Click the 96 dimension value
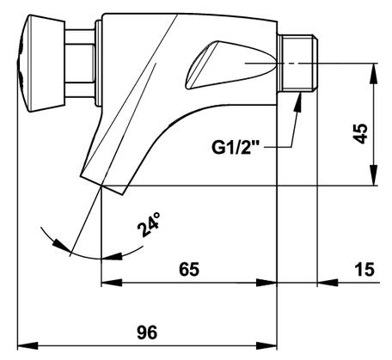point(147,333)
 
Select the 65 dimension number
point(189,269)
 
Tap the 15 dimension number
point(364,269)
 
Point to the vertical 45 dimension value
point(360,133)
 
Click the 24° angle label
point(149,224)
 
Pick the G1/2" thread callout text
point(236,148)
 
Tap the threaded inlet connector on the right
point(298,63)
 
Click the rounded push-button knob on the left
point(40,63)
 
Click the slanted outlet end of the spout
point(102,184)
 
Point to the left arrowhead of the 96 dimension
point(28,345)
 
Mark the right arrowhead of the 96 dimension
point(266,345)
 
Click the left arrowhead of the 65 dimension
point(112,283)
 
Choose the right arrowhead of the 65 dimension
point(266,283)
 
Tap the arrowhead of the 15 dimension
point(328,283)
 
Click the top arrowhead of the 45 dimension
point(373,73)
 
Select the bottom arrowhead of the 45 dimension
point(373,175)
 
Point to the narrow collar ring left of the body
point(99,63)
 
